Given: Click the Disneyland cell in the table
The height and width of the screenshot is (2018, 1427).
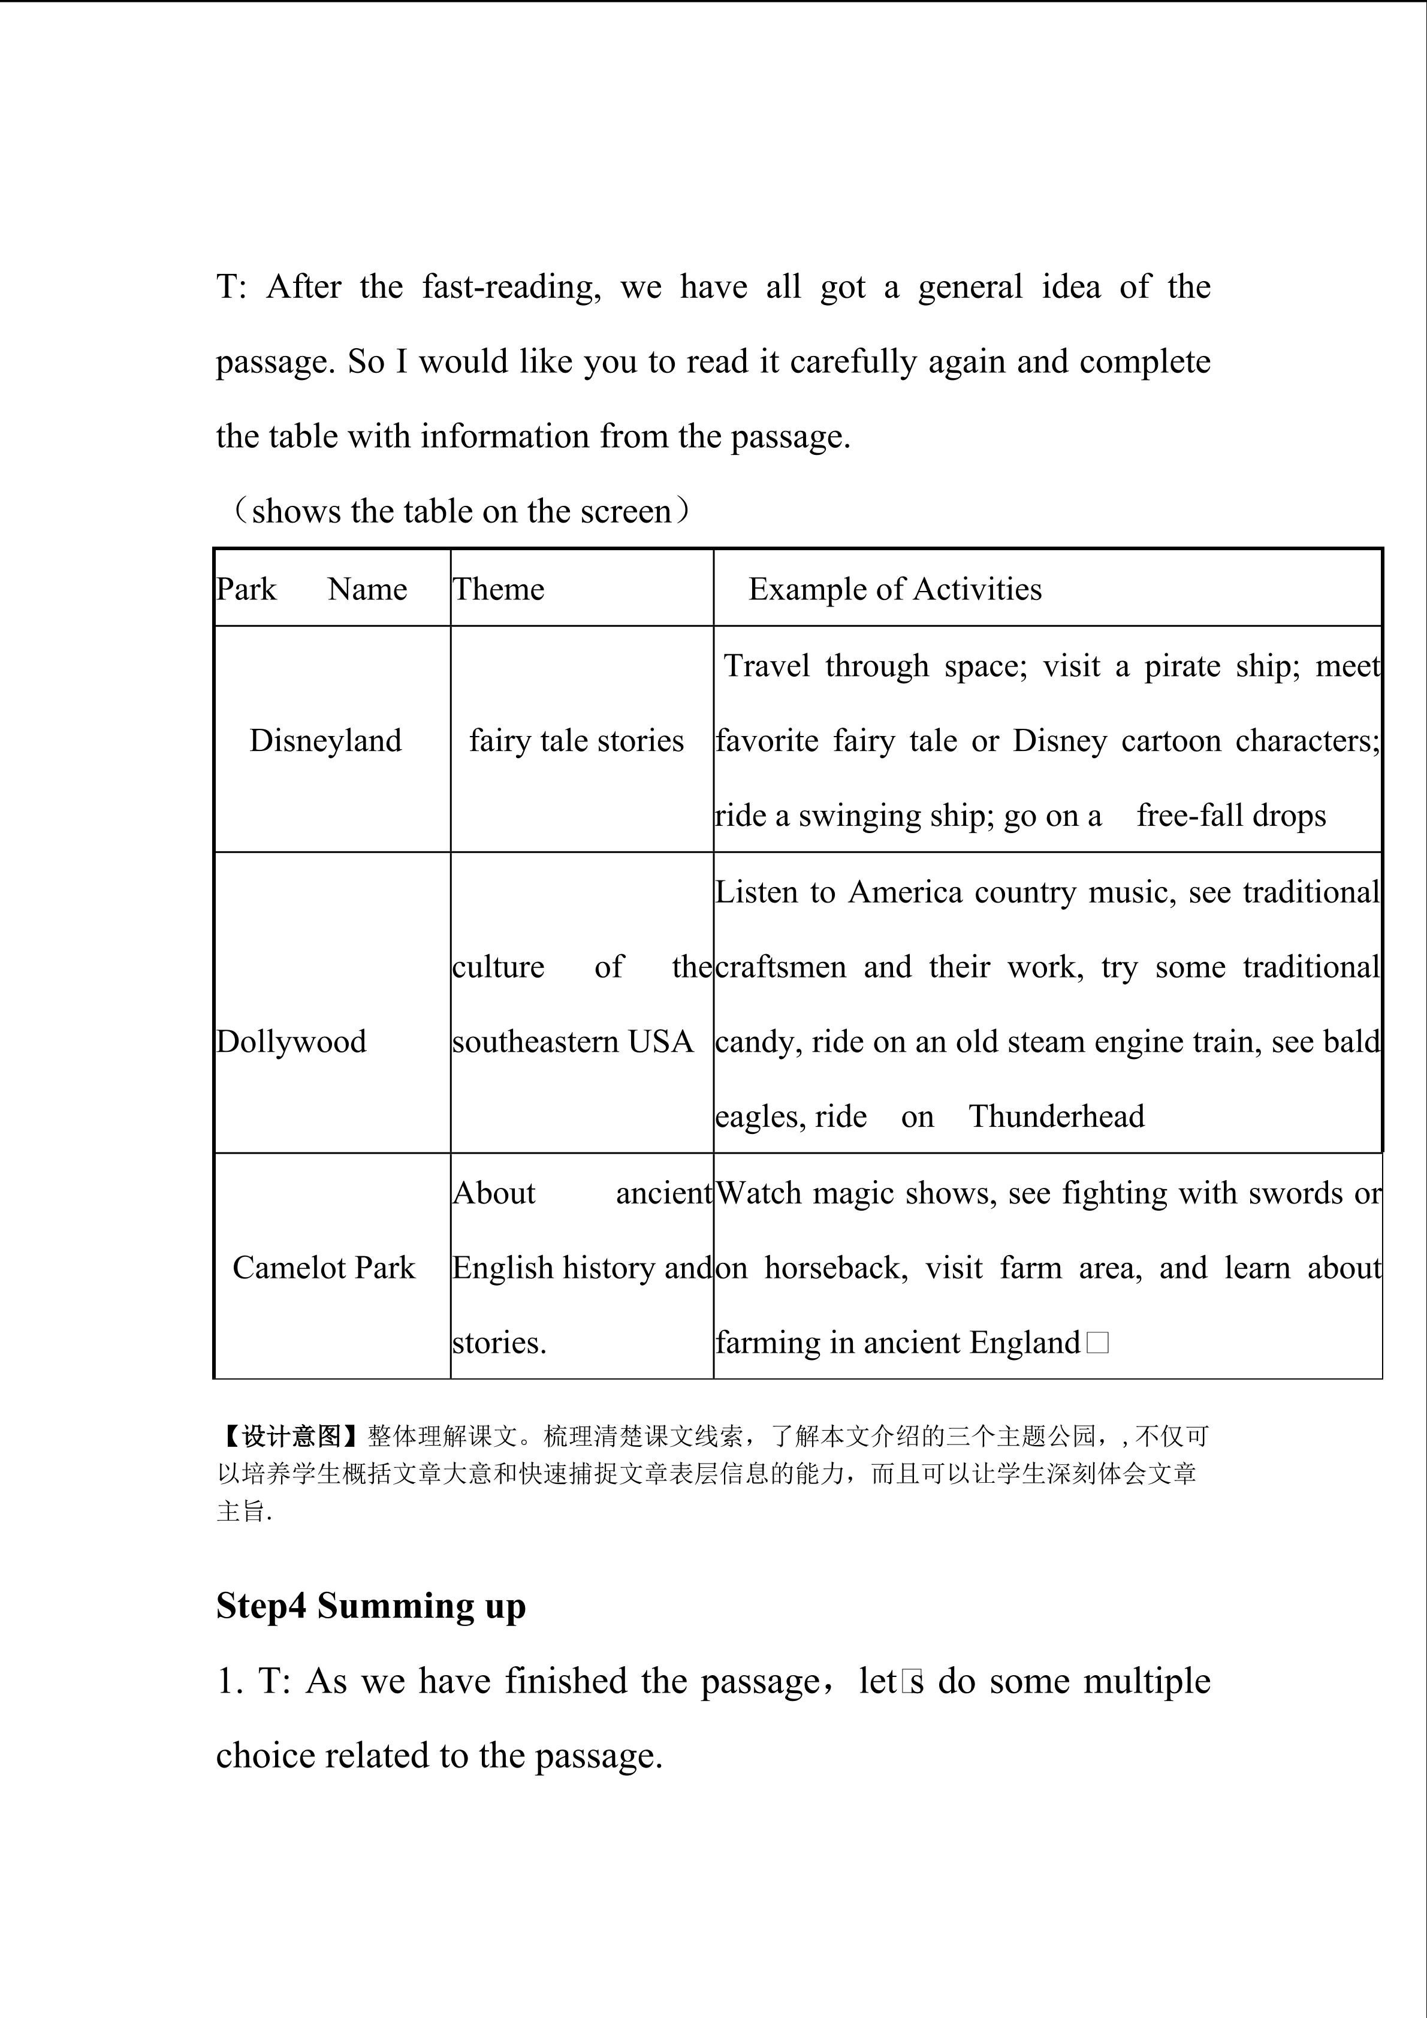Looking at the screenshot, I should [x=325, y=741].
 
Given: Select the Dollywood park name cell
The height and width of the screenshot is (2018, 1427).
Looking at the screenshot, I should [x=291, y=1042].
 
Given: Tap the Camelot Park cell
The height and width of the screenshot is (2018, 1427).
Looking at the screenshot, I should [x=324, y=1268].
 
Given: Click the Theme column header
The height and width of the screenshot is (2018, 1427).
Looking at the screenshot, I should [x=498, y=589].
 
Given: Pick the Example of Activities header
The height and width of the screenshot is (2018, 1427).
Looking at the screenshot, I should [x=895, y=589].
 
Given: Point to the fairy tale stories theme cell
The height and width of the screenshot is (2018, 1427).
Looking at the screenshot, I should [x=577, y=741].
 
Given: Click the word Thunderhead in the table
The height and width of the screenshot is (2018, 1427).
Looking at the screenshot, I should [x=1056, y=1116].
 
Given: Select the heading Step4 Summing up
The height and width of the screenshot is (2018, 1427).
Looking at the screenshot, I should [x=371, y=1606].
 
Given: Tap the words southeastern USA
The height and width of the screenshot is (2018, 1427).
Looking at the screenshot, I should [x=573, y=1042].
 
